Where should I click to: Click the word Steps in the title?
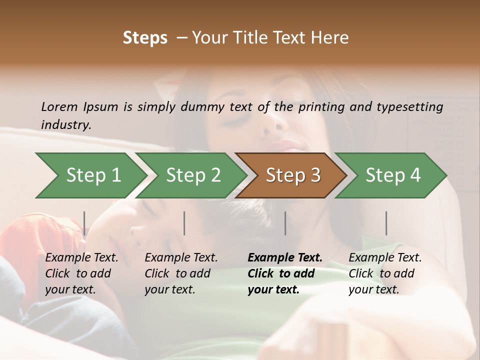click(145, 38)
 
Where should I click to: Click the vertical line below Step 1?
click(84, 223)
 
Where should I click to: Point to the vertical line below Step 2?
click(184, 223)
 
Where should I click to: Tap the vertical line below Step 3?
click(285, 223)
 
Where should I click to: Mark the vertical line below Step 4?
click(386, 223)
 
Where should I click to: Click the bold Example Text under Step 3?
click(285, 257)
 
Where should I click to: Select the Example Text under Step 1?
click(81, 257)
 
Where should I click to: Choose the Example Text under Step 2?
click(181, 257)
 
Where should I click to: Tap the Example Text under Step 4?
click(385, 257)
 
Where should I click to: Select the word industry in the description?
click(65, 124)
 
